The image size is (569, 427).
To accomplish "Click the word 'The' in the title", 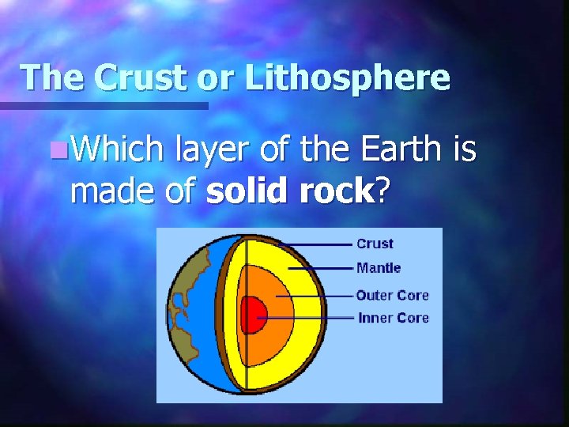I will click(51, 77).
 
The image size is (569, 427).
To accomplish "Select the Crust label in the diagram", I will click(375, 244).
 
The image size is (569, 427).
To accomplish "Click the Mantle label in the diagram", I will click(379, 268).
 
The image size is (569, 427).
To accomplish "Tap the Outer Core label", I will click(392, 295).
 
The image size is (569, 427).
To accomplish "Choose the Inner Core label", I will click(393, 318).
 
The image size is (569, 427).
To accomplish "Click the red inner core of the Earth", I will click(255, 315).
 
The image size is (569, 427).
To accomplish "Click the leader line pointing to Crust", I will click(316, 244).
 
